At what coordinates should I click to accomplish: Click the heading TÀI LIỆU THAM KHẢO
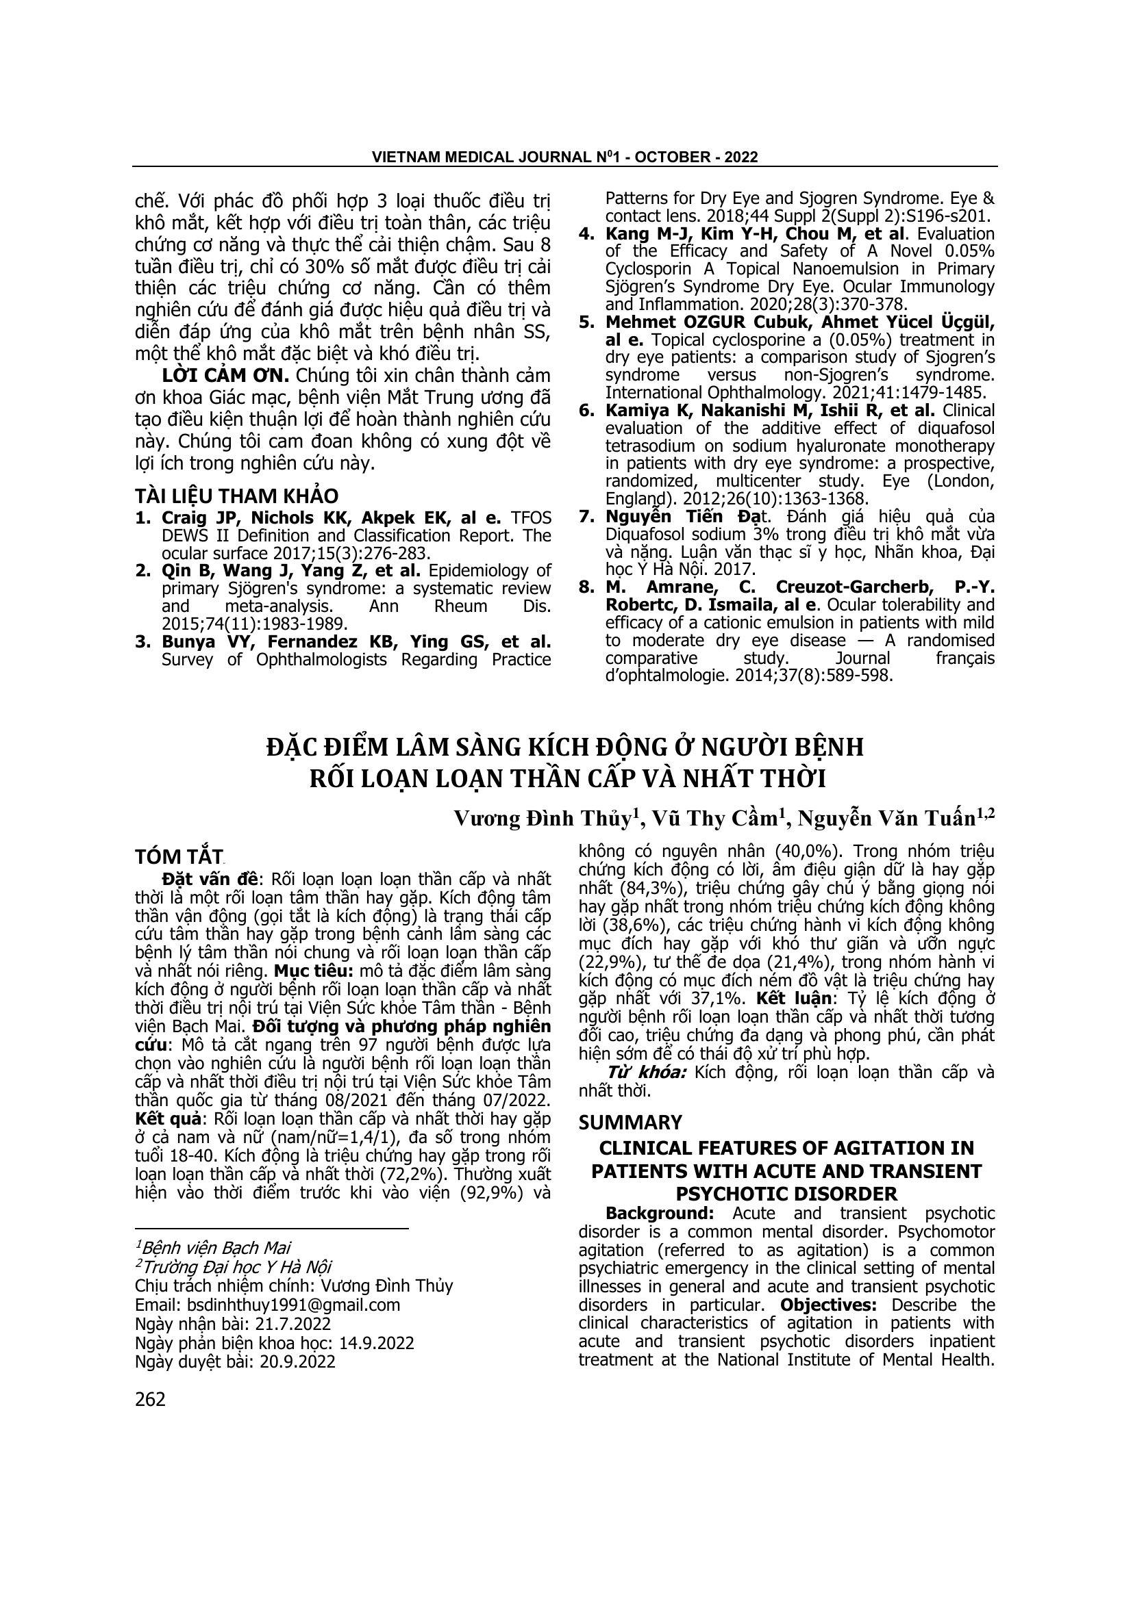coord(236,496)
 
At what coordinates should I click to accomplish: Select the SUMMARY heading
coord(630,1123)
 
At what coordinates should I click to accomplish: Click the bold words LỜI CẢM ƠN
coord(225,375)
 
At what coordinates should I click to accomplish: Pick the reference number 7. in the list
coord(586,517)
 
